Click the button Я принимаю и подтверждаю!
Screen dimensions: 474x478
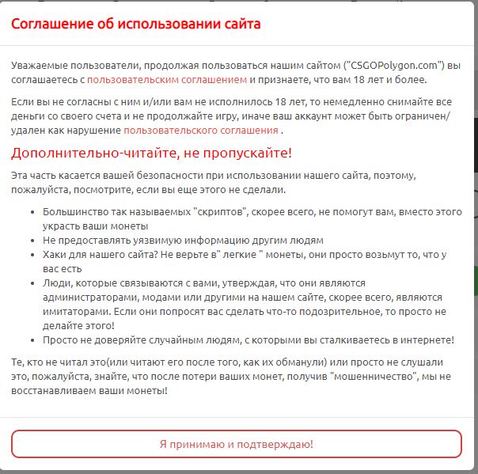coord(237,444)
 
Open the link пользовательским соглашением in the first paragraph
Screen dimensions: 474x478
coord(168,79)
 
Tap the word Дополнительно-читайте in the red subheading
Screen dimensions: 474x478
coord(82,153)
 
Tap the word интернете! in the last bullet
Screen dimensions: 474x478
coord(426,339)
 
